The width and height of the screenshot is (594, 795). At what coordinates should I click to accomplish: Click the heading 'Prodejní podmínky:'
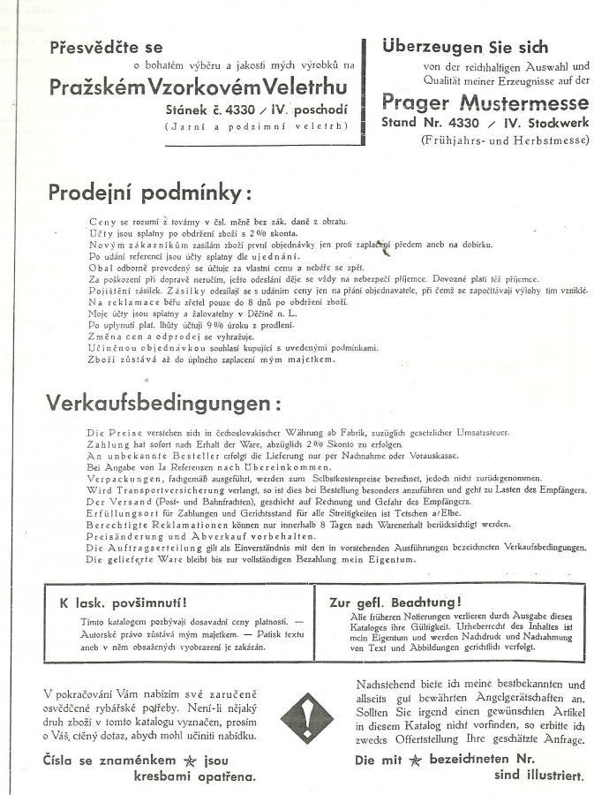[149, 193]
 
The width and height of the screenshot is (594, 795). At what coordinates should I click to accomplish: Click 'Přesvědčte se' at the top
[107, 48]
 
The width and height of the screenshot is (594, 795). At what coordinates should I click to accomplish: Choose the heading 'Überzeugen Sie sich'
[465, 48]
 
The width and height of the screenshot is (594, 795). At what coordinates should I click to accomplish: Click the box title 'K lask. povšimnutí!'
[123, 603]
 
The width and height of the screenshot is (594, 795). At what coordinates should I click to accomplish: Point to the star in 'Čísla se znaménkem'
[189, 759]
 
